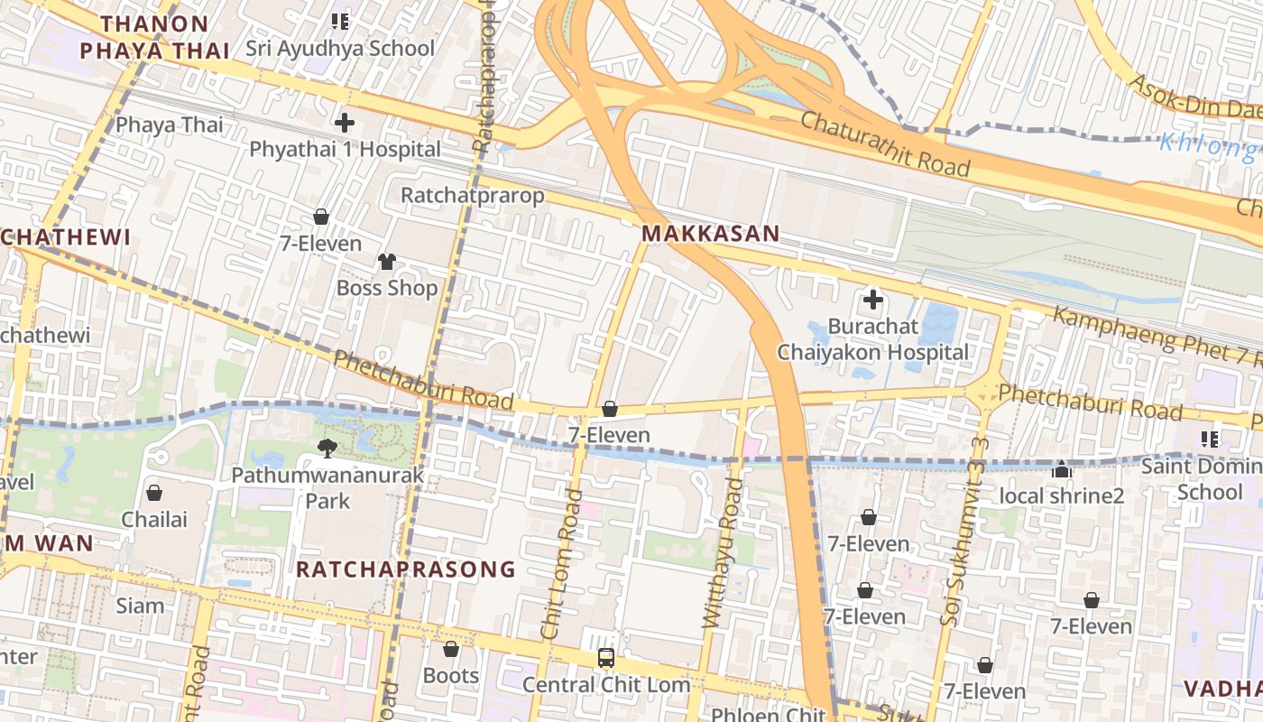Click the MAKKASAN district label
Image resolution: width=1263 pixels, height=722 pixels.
pyautogui.click(x=710, y=234)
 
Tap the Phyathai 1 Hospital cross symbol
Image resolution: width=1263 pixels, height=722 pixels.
pyautogui.click(x=344, y=123)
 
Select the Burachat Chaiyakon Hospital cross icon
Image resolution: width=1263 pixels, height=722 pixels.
pyautogui.click(x=872, y=299)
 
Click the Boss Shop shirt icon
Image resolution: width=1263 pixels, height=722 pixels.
pyautogui.click(x=386, y=262)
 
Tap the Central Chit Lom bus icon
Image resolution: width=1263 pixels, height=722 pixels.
pyautogui.click(x=606, y=658)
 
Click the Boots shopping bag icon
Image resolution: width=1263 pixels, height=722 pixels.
pyautogui.click(x=450, y=649)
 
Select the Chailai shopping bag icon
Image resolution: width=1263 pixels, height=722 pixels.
pyautogui.click(x=154, y=493)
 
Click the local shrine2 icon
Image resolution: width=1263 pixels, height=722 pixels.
pyautogui.click(x=1062, y=469)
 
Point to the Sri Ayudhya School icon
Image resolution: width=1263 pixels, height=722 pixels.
pyautogui.click(x=340, y=21)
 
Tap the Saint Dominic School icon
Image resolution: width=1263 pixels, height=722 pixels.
pyautogui.click(x=1210, y=440)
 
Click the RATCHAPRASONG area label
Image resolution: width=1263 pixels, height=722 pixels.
pyautogui.click(x=406, y=569)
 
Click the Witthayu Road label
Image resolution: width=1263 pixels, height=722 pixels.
pyautogui.click(x=723, y=552)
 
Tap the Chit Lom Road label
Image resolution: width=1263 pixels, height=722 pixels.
pyautogui.click(x=561, y=578)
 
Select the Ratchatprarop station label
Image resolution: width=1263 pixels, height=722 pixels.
pyautogui.click(x=473, y=195)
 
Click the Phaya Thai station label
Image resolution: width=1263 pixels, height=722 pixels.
pyautogui.click(x=169, y=125)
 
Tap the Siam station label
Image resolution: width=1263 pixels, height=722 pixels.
pyautogui.click(x=140, y=606)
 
